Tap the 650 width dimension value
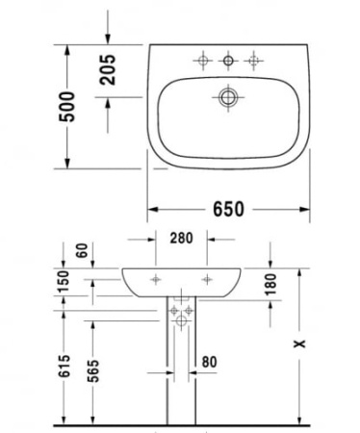228,208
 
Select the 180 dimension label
270,284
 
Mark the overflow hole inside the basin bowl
229,96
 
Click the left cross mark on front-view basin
156,280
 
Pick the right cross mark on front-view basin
206,280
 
